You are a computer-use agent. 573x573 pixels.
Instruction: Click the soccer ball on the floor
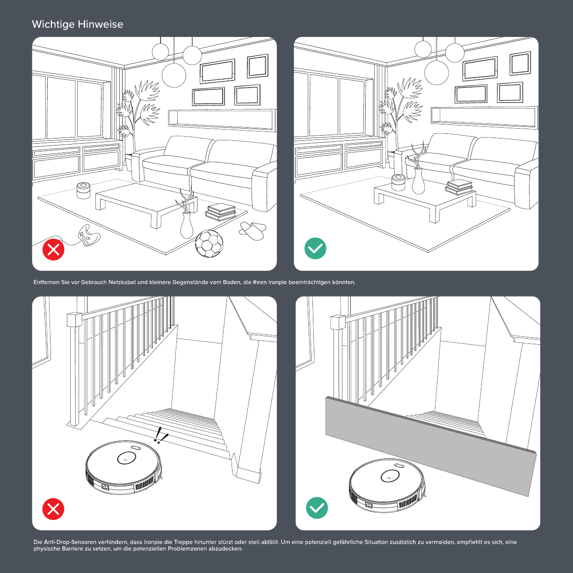click(209, 244)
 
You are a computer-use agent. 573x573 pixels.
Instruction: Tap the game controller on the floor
click(88, 235)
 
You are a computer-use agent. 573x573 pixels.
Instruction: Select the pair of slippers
click(253, 231)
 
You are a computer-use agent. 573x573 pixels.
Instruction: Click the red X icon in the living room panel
click(53, 249)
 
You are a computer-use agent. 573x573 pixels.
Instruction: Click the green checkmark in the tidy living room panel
click(315, 248)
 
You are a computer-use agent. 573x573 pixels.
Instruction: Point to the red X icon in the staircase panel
click(53, 509)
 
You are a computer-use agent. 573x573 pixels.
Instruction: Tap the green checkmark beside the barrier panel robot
click(317, 508)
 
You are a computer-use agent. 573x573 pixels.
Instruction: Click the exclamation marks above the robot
click(160, 435)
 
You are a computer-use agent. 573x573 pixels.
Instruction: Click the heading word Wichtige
click(53, 24)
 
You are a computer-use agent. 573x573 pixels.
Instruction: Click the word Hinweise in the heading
click(101, 24)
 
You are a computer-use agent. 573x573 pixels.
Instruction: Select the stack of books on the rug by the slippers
click(221, 212)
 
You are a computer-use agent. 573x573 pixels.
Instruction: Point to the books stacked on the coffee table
click(459, 188)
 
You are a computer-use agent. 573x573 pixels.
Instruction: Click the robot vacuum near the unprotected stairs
click(124, 467)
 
